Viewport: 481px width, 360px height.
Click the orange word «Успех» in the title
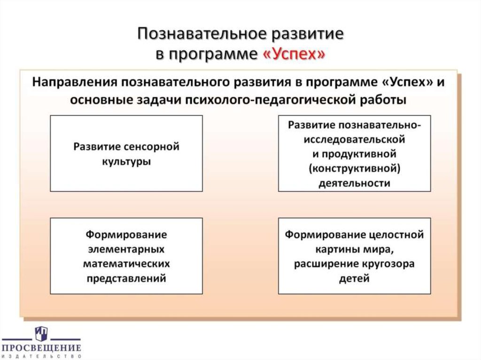(292, 54)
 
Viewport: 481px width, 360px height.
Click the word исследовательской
(354, 139)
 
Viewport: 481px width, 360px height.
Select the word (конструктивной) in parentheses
(354, 168)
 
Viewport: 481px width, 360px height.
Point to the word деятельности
(354, 183)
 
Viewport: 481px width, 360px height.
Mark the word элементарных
(126, 248)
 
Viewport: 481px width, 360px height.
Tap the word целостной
(399, 234)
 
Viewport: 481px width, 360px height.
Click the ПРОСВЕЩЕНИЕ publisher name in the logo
(41, 348)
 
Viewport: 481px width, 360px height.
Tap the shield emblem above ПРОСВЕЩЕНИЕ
(41, 333)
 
